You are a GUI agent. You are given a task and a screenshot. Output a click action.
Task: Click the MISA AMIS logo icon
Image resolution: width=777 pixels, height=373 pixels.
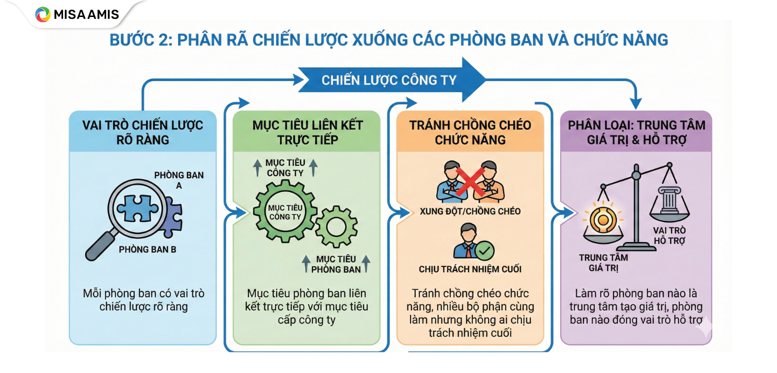[42, 14]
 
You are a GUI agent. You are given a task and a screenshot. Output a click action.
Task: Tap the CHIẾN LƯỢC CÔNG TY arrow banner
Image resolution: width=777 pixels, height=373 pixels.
[389, 80]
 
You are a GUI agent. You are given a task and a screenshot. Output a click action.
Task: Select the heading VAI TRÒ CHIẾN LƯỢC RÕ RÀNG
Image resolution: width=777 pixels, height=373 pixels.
[142, 132]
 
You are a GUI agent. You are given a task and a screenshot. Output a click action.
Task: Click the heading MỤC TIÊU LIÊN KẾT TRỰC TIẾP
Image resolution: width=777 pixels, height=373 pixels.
[307, 132]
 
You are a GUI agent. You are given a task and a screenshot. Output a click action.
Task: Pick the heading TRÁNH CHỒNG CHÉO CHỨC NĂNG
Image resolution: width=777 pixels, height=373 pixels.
[470, 132]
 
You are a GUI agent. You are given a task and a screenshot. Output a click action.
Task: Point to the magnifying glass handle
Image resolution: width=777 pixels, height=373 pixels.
[100, 245]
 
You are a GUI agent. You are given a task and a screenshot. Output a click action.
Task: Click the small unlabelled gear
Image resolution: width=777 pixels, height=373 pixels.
[336, 226]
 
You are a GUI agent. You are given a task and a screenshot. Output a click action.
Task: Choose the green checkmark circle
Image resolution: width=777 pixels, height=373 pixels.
[483, 249]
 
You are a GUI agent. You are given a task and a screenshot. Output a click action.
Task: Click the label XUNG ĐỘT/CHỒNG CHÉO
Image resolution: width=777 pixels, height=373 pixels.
[470, 211]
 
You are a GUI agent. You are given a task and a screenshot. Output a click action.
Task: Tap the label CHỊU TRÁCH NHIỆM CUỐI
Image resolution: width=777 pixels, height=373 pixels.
[470, 269]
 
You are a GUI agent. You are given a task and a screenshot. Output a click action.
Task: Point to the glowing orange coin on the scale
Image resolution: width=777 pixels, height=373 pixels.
[602, 218]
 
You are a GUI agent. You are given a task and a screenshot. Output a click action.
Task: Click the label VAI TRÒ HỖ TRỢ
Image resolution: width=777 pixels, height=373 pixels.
[669, 235]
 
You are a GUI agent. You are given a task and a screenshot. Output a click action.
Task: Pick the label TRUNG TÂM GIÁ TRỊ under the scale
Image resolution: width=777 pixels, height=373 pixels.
[603, 263]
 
